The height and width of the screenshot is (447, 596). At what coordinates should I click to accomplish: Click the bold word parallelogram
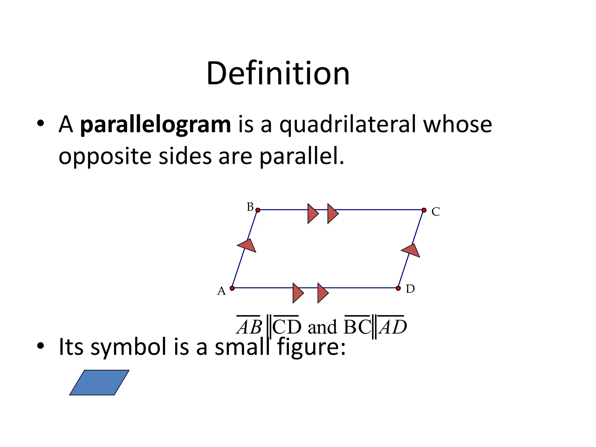pos(155,125)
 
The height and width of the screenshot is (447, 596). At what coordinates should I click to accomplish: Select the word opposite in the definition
pos(105,157)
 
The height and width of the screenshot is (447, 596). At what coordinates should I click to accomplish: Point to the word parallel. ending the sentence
pos(301,157)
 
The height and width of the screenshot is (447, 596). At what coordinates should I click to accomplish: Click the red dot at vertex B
pos(258,210)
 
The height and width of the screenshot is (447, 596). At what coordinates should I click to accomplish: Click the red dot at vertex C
pos(424,210)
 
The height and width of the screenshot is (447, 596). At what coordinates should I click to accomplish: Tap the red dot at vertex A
pos(232,288)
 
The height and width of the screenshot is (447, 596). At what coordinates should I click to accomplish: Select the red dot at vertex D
pos(398,288)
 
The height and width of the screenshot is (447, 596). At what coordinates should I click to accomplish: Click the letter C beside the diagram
pos(436,212)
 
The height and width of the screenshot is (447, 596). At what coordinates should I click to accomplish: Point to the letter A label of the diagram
pos(221,291)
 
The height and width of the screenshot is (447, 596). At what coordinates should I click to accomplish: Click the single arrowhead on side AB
pos(247,246)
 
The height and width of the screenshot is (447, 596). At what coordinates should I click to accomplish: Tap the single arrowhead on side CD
pos(411,251)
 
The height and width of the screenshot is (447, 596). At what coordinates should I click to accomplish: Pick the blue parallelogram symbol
pos(99,382)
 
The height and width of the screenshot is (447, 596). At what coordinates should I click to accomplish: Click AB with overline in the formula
pos(249,327)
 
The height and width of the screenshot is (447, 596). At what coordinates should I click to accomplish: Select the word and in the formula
pos(322,327)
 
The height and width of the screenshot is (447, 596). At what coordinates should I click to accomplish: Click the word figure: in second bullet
pos(311,347)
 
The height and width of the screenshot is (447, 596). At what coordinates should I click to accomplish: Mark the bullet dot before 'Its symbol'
pos(40,346)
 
